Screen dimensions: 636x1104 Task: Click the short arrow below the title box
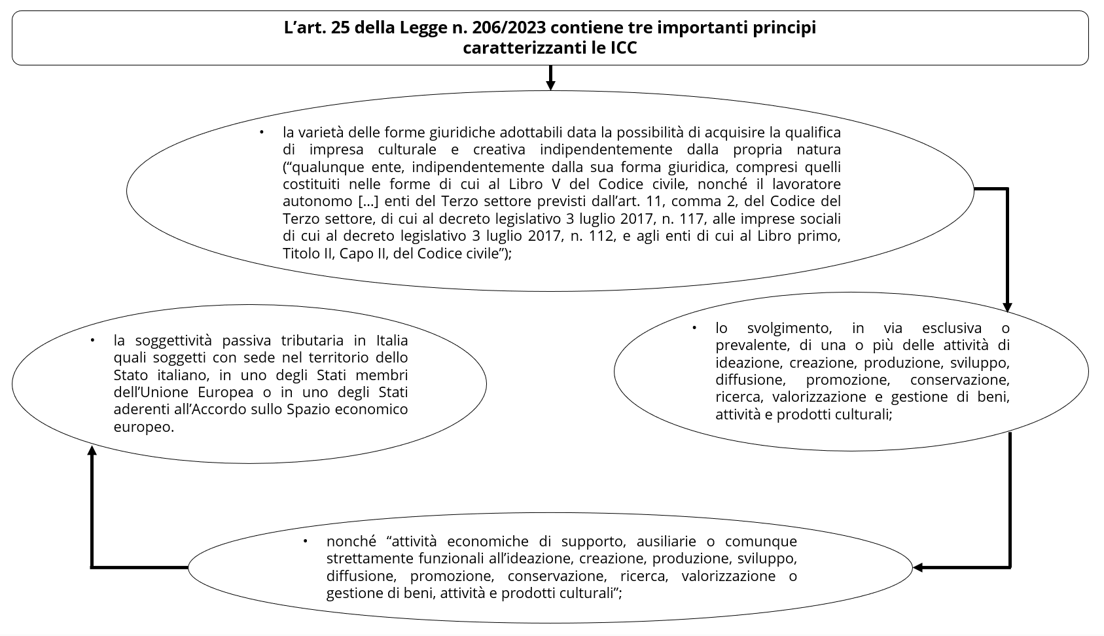pos(550,78)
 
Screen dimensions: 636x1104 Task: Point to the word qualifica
pos(813,132)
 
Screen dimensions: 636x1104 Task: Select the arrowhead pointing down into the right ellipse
pos(1007,308)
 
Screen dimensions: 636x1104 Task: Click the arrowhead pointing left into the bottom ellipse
pos(918,567)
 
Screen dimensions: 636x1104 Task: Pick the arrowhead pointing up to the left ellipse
pos(92,451)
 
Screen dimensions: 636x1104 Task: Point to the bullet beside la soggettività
pos(92,340)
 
